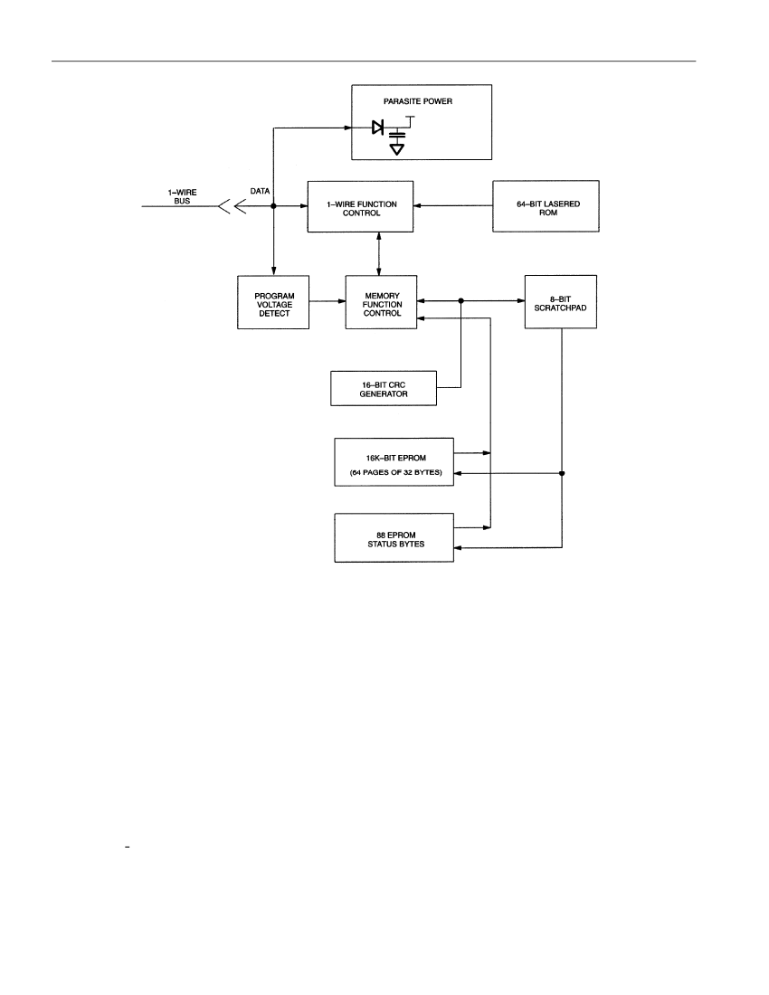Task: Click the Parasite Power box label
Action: tap(417, 101)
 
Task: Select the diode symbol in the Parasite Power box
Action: tap(378, 128)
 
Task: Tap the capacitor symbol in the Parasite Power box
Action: tap(397, 135)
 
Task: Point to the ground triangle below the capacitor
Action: tap(397, 149)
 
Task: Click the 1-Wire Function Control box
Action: tap(360, 207)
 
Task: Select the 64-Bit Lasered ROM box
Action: tap(546, 206)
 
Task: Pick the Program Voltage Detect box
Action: tap(273, 302)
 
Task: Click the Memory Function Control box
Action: tap(381, 302)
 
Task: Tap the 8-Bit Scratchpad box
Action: tap(561, 301)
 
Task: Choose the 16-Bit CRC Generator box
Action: tap(384, 388)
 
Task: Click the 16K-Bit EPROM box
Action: tap(394, 462)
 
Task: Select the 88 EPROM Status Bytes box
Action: tap(394, 537)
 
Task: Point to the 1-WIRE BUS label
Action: tap(182, 196)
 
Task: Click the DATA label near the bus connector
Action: tap(261, 191)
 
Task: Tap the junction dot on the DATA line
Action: tap(273, 206)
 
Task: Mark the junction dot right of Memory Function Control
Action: tap(460, 301)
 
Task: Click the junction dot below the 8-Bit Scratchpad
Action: tap(562, 473)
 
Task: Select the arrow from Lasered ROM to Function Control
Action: tap(453, 205)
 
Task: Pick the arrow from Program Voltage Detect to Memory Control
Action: tap(328, 301)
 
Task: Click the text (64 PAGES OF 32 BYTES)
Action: tap(396, 473)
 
